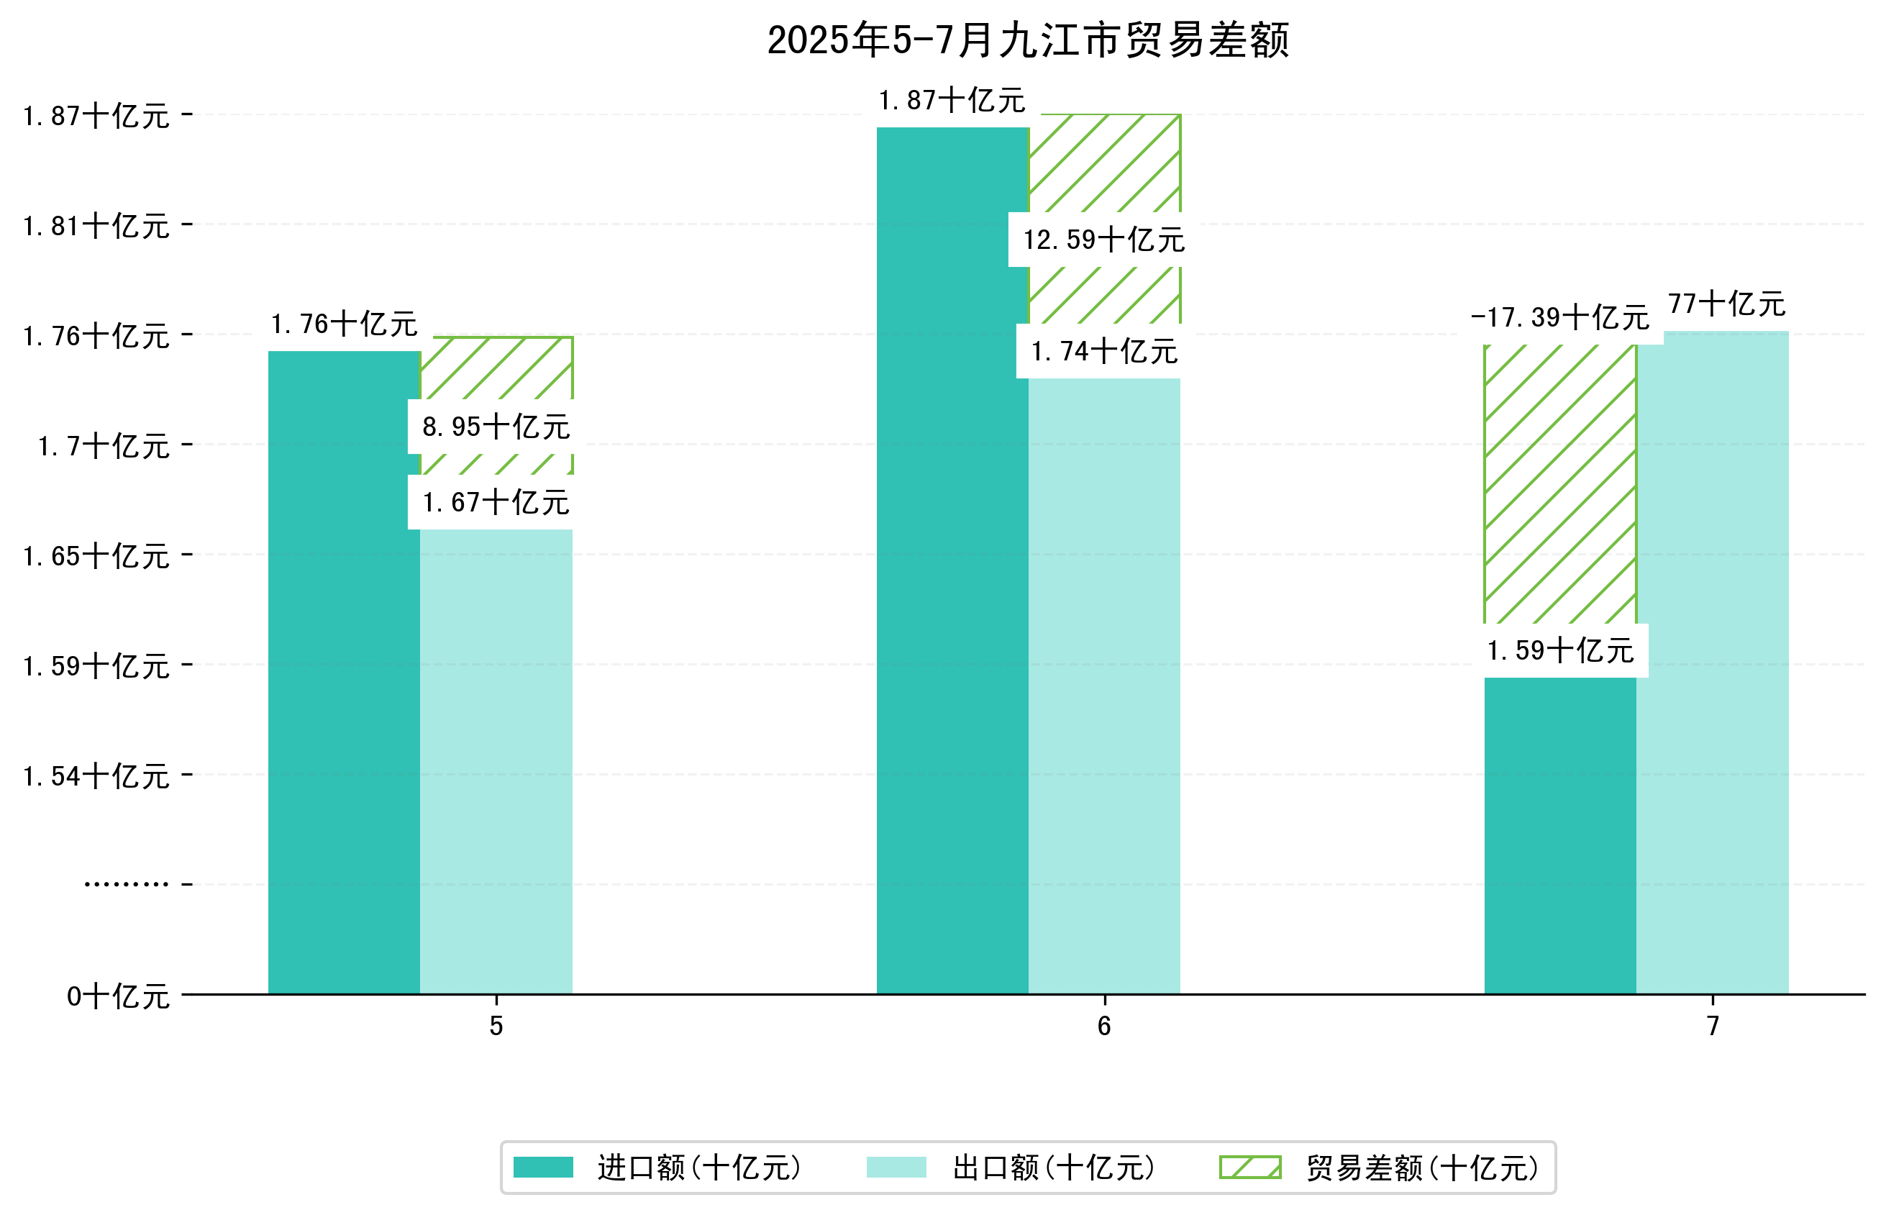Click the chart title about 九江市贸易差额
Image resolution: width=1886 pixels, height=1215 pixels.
(1028, 40)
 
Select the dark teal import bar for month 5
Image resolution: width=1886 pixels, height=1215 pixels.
(344, 670)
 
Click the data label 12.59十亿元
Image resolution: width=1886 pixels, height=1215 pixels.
(1103, 240)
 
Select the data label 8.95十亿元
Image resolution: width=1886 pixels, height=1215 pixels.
(496, 427)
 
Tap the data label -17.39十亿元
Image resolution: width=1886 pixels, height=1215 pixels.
(1559, 318)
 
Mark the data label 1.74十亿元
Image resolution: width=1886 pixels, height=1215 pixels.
(1103, 351)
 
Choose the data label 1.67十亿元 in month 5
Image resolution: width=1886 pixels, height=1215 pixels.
(496, 503)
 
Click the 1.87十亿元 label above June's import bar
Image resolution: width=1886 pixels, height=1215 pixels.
(952, 101)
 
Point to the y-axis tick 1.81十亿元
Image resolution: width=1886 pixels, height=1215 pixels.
(96, 227)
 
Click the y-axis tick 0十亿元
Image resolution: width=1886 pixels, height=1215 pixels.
(117, 996)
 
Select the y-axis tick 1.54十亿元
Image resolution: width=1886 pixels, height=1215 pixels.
(96, 776)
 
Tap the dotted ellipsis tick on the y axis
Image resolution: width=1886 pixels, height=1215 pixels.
(126, 884)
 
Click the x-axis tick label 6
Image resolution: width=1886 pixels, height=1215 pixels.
(1103, 1027)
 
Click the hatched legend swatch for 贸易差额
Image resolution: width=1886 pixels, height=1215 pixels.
(1249, 1168)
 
